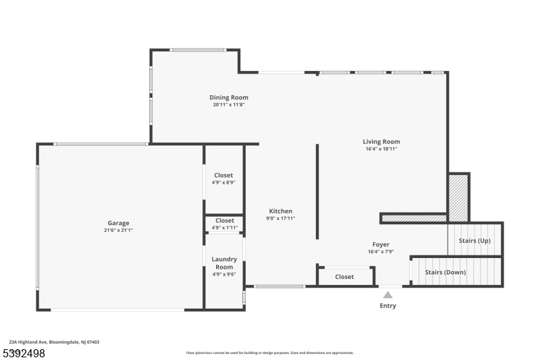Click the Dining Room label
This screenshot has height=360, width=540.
[x=229, y=97]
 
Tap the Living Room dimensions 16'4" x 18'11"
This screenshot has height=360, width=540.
[x=381, y=149]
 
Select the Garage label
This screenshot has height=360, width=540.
[x=119, y=224]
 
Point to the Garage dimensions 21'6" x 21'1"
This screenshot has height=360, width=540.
[x=119, y=230]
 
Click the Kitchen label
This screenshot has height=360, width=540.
[x=281, y=211]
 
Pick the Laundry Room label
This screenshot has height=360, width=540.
[x=224, y=263]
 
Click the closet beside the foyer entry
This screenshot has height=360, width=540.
[x=344, y=277]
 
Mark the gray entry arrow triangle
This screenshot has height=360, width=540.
[x=387, y=295]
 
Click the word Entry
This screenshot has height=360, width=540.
[x=387, y=305]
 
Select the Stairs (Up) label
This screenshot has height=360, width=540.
[x=475, y=240]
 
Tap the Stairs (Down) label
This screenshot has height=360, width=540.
[x=446, y=272]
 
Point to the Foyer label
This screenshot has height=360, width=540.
[x=381, y=245]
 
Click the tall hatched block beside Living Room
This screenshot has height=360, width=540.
[x=458, y=198]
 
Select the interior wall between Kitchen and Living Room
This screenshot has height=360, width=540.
[x=317, y=192]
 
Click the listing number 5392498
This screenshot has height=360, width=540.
[x=24, y=353]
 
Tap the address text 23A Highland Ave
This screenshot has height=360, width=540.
[x=28, y=342]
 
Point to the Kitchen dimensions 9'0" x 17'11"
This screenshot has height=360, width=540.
[x=281, y=218]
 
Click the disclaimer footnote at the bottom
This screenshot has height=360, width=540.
[x=270, y=353]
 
